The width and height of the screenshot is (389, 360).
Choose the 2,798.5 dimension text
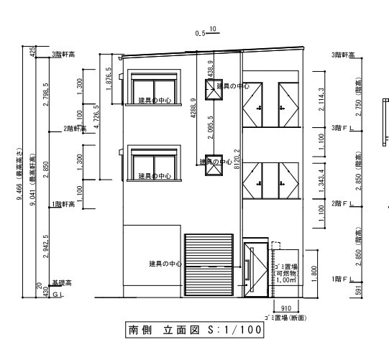[x=47, y=94]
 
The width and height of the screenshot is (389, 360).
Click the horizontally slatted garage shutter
[x=209, y=264]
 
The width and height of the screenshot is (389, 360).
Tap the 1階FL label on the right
[x=341, y=278]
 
